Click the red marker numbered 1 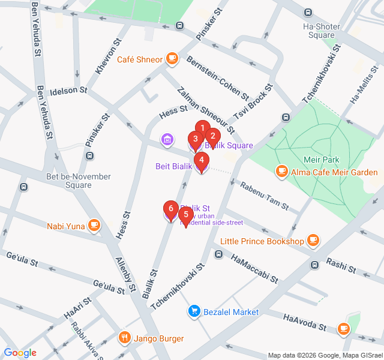(x=203, y=128)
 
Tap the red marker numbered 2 (x=212, y=136)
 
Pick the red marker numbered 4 (x=202, y=160)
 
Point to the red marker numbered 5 (x=186, y=214)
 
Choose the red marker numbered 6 (x=171, y=209)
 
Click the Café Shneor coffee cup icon (x=173, y=59)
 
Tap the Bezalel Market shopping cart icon (x=194, y=311)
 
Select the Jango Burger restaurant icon (x=125, y=338)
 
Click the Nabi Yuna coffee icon (x=93, y=226)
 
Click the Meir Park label (x=322, y=159)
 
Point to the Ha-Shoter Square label (x=322, y=31)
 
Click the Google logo (x=20, y=353)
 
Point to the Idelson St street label (x=68, y=92)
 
